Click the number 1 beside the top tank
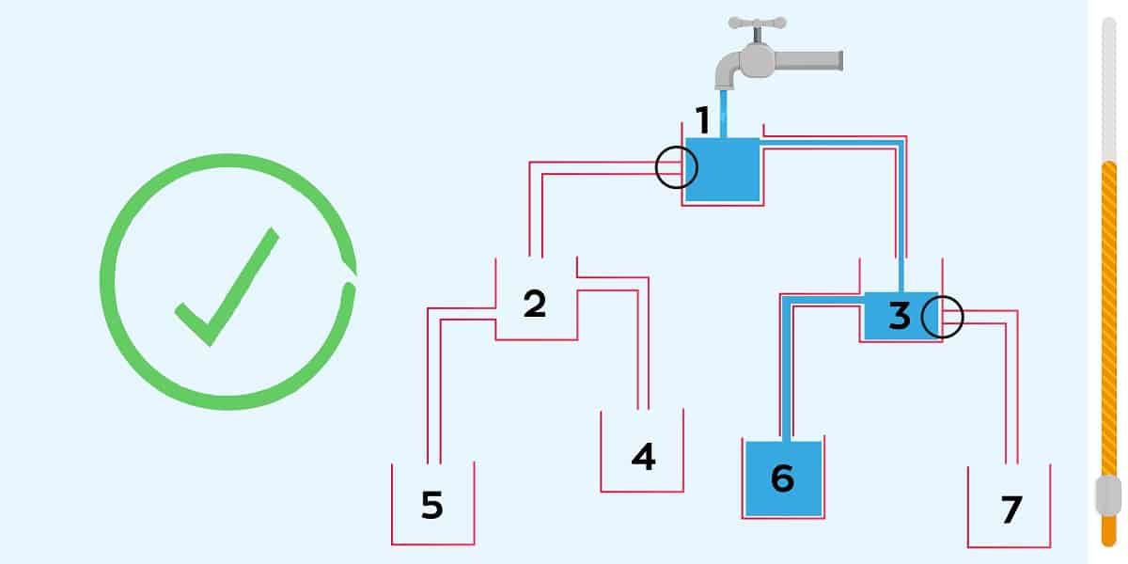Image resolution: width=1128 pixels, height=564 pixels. pyautogui.click(x=702, y=120)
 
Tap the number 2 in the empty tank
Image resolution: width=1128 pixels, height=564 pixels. pyautogui.click(x=534, y=304)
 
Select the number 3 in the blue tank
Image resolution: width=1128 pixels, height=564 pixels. pyautogui.click(x=899, y=317)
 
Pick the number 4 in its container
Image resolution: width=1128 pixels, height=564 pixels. pyautogui.click(x=643, y=457)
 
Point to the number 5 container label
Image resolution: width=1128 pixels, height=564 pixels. pyautogui.click(x=431, y=505)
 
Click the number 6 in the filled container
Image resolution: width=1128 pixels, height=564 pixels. pyautogui.click(x=782, y=478)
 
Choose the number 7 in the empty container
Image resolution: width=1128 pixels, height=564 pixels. pyautogui.click(x=1010, y=509)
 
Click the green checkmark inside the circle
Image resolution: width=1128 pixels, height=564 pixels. pyautogui.click(x=226, y=287)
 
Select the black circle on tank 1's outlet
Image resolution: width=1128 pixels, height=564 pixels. pyautogui.click(x=677, y=168)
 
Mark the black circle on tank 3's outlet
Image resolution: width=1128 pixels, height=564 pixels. pyautogui.click(x=941, y=317)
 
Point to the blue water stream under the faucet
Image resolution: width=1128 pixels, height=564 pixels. pyautogui.click(x=724, y=113)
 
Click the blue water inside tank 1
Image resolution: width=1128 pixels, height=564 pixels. pyautogui.click(x=722, y=169)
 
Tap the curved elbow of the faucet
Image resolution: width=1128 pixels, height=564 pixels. pyautogui.click(x=727, y=71)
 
